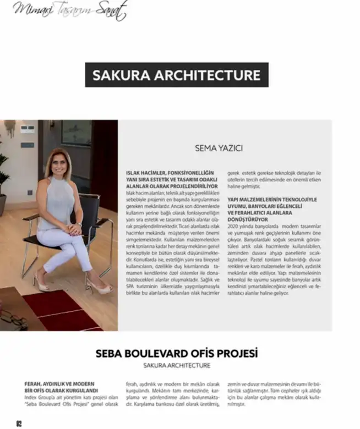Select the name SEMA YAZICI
coord(219,148)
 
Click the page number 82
coord(18,423)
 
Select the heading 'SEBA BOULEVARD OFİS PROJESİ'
coord(177,353)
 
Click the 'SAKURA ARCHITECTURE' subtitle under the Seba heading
coord(177,365)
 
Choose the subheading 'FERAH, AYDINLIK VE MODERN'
coord(60,383)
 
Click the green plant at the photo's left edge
coord(3,176)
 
